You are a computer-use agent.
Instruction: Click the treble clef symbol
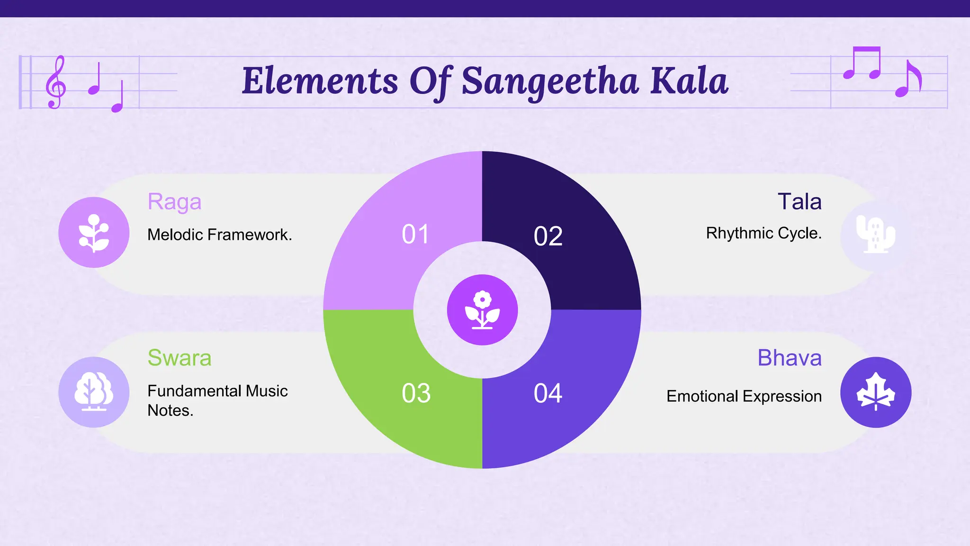[55, 82]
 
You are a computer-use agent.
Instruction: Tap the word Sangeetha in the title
[550, 82]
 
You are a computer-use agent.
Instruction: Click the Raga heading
[174, 202]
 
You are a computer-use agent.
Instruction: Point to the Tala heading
[799, 201]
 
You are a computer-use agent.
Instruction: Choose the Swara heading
[179, 358]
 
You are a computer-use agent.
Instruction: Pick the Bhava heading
[790, 358]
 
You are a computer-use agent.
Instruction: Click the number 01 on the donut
[415, 234]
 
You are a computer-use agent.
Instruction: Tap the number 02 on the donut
[548, 236]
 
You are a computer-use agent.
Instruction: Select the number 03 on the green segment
[416, 393]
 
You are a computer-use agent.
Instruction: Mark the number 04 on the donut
[548, 393]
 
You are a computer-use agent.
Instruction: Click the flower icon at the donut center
[482, 310]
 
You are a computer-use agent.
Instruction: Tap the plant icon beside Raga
[94, 233]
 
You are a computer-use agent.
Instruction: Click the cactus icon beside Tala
[875, 235]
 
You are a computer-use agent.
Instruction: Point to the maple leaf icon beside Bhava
[875, 392]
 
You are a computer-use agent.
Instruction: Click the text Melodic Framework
[219, 235]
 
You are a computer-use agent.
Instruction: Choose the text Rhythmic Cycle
[763, 233]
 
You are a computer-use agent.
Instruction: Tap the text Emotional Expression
[744, 396]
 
